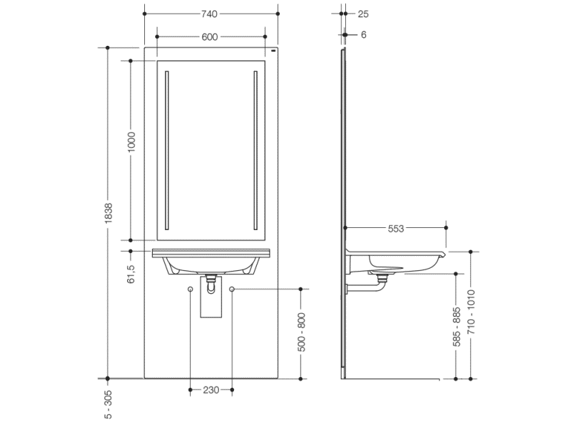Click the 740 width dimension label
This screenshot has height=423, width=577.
(209, 14)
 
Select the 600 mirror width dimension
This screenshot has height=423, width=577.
(210, 37)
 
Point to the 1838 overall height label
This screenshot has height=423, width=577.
(108, 213)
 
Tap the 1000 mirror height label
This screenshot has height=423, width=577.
(131, 142)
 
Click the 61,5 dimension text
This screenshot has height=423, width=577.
(131, 274)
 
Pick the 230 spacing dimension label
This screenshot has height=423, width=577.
(211, 390)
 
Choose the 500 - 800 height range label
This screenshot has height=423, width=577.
(301, 332)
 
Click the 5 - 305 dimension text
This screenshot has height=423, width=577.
(108, 404)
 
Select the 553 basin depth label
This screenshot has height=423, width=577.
(396, 229)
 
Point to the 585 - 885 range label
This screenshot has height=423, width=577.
(456, 327)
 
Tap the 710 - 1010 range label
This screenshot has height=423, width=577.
(472, 312)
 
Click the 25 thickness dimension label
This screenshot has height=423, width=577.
(363, 14)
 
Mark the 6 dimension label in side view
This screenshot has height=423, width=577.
(364, 35)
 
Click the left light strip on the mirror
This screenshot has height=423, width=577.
(166, 151)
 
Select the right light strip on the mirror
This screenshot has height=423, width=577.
(255, 151)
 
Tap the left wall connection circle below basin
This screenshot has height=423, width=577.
(190, 289)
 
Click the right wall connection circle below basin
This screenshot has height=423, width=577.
(232, 289)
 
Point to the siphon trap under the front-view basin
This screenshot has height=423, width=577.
(211, 284)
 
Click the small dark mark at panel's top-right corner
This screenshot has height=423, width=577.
(273, 51)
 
